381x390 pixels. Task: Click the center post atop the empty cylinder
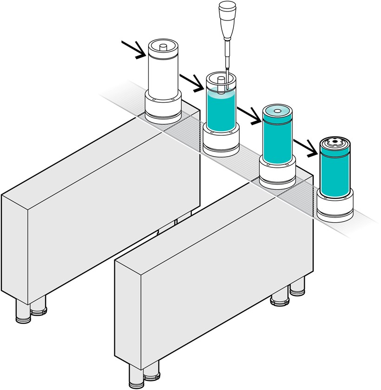[x=163, y=46]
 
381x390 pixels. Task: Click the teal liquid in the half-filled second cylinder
[x=221, y=112]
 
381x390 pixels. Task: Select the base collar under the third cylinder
[x=277, y=175]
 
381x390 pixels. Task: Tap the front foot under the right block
[x=137, y=377]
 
